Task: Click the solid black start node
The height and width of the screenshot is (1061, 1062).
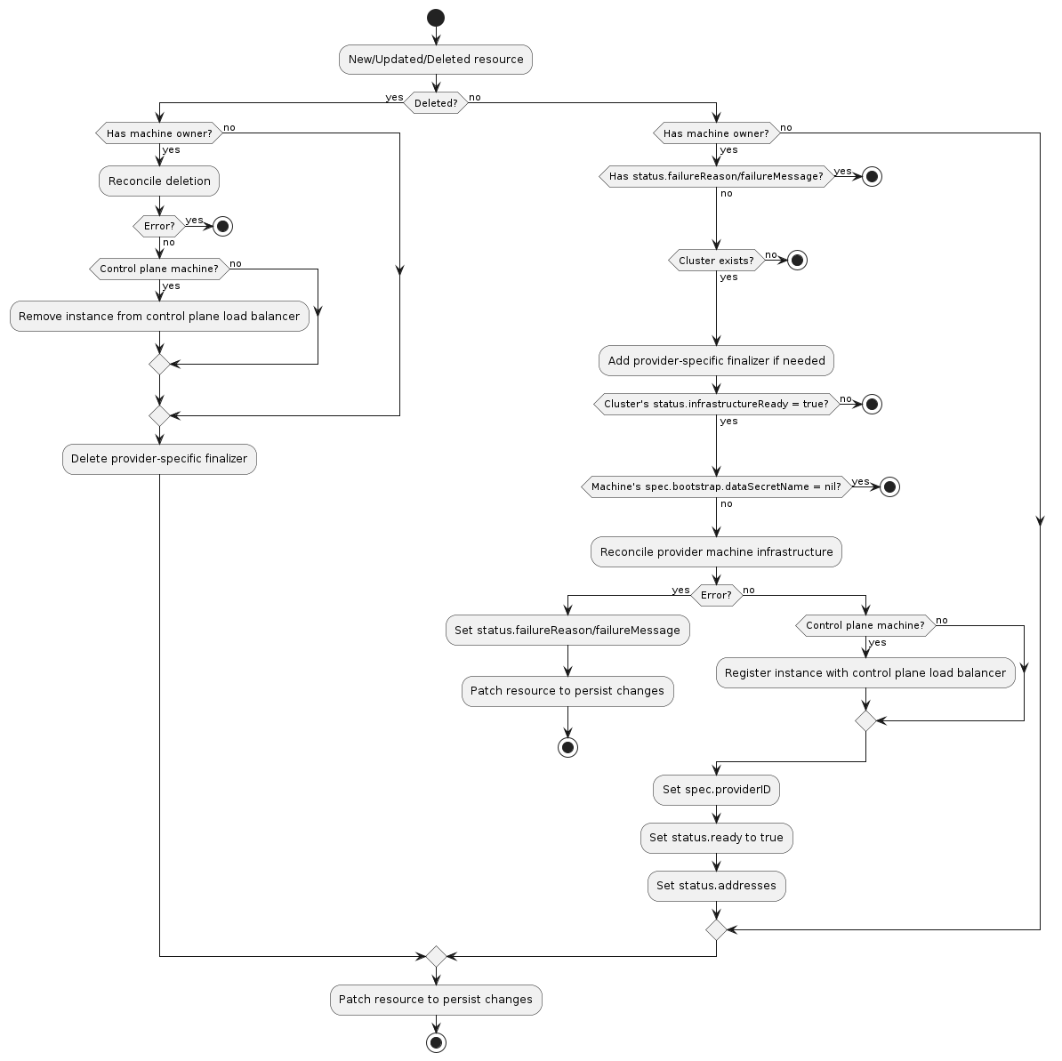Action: click(x=436, y=18)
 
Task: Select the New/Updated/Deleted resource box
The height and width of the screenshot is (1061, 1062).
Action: click(x=436, y=60)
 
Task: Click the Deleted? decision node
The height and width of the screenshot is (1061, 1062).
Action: click(x=436, y=103)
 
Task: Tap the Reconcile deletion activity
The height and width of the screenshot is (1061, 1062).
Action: click(x=159, y=181)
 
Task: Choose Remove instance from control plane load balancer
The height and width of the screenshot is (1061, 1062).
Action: click(x=159, y=317)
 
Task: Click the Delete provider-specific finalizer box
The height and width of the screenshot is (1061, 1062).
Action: click(x=159, y=459)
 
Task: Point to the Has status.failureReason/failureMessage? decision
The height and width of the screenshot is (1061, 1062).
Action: click(x=716, y=177)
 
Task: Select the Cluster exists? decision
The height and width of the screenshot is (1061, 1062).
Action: click(x=716, y=261)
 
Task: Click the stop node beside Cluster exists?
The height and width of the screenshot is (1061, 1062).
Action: click(x=798, y=261)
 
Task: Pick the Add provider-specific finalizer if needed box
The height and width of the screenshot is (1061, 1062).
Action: click(x=716, y=361)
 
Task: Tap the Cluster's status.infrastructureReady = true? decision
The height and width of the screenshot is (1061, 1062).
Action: click(x=716, y=404)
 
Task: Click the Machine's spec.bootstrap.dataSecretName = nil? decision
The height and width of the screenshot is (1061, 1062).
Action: click(x=716, y=486)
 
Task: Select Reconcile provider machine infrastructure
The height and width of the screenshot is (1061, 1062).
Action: click(x=716, y=552)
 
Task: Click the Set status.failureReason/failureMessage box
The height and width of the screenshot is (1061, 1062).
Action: click(x=567, y=631)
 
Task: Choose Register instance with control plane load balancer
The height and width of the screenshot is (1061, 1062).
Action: click(x=865, y=673)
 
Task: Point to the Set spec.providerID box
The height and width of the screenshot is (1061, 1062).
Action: click(x=716, y=790)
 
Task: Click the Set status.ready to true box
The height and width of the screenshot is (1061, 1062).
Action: click(x=716, y=838)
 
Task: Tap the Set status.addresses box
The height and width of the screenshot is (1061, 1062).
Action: click(x=716, y=886)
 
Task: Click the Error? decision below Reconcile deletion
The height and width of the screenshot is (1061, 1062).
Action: click(x=159, y=226)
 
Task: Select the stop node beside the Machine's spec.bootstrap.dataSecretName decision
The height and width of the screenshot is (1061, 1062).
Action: click(x=889, y=486)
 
